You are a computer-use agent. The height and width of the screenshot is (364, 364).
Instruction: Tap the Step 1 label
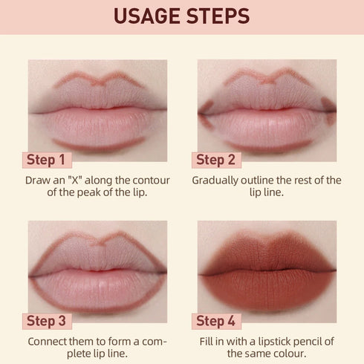pyautogui.click(x=46, y=160)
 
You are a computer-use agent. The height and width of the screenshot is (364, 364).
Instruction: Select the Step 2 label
pyautogui.click(x=216, y=160)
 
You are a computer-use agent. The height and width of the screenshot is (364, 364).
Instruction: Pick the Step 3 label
pyautogui.click(x=46, y=321)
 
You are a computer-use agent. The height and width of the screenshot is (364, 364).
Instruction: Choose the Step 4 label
pyautogui.click(x=216, y=321)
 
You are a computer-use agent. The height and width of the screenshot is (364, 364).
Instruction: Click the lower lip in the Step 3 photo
pyautogui.click(x=97, y=285)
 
